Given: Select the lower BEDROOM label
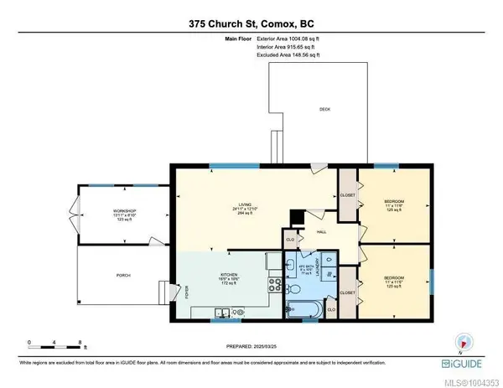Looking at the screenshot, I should (394, 277).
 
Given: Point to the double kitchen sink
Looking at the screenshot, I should (222, 313).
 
